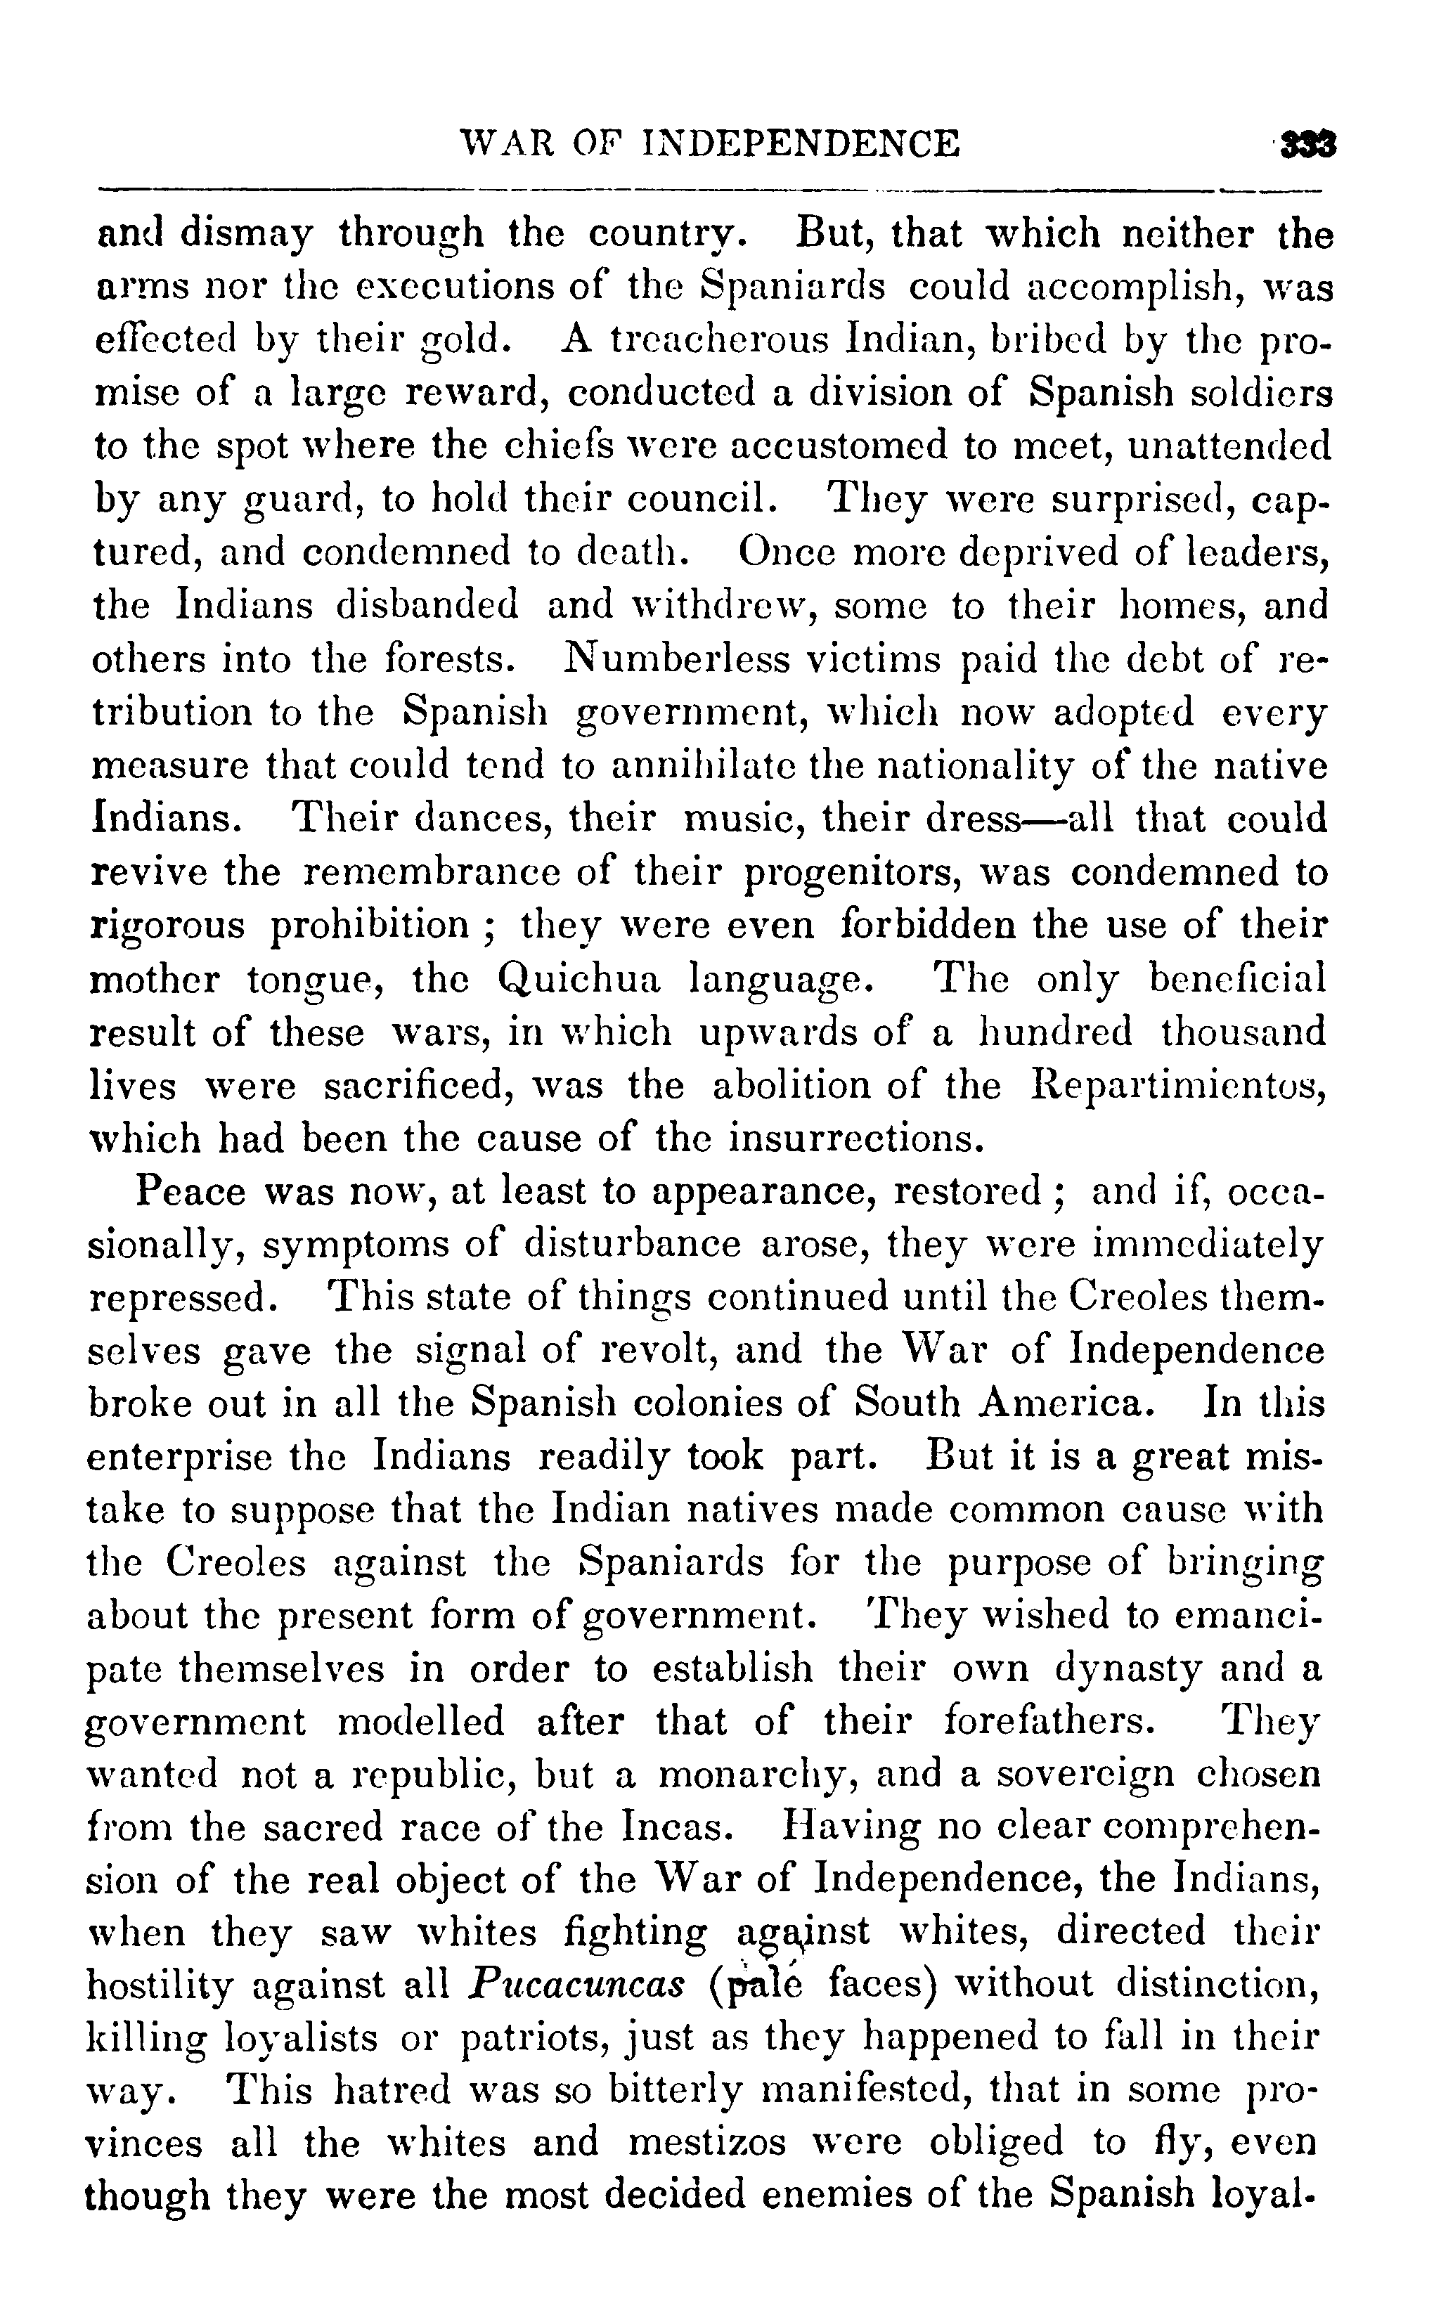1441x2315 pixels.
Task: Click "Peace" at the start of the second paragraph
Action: click(x=195, y=1193)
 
